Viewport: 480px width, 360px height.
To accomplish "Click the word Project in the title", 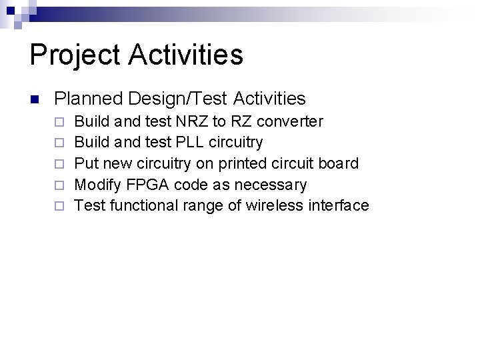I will click(73, 55).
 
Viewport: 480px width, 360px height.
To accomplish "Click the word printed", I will click(241, 163).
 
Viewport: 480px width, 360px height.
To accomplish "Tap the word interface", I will click(337, 205).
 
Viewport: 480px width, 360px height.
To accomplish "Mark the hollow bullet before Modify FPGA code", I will click(60, 185).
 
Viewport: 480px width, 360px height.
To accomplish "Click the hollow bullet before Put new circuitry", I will click(60, 164).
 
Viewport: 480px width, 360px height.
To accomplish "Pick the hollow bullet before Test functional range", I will click(60, 206).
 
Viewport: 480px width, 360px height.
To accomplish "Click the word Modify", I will click(96, 185).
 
